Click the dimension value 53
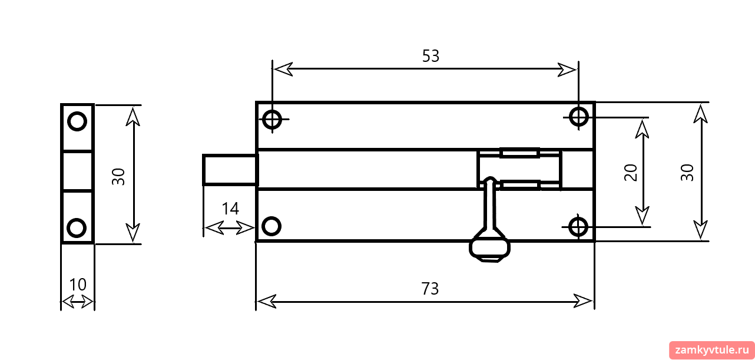[x=431, y=56]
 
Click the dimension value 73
[x=430, y=289]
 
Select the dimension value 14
[x=230, y=209]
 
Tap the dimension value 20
[x=631, y=173]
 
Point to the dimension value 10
[x=78, y=285]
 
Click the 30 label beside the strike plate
[x=118, y=177]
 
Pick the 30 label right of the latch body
[x=687, y=173]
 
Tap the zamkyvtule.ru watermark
[x=711, y=350]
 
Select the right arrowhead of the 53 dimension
[x=567, y=70]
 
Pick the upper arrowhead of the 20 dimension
[x=643, y=129]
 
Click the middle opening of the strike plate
[x=78, y=171]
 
